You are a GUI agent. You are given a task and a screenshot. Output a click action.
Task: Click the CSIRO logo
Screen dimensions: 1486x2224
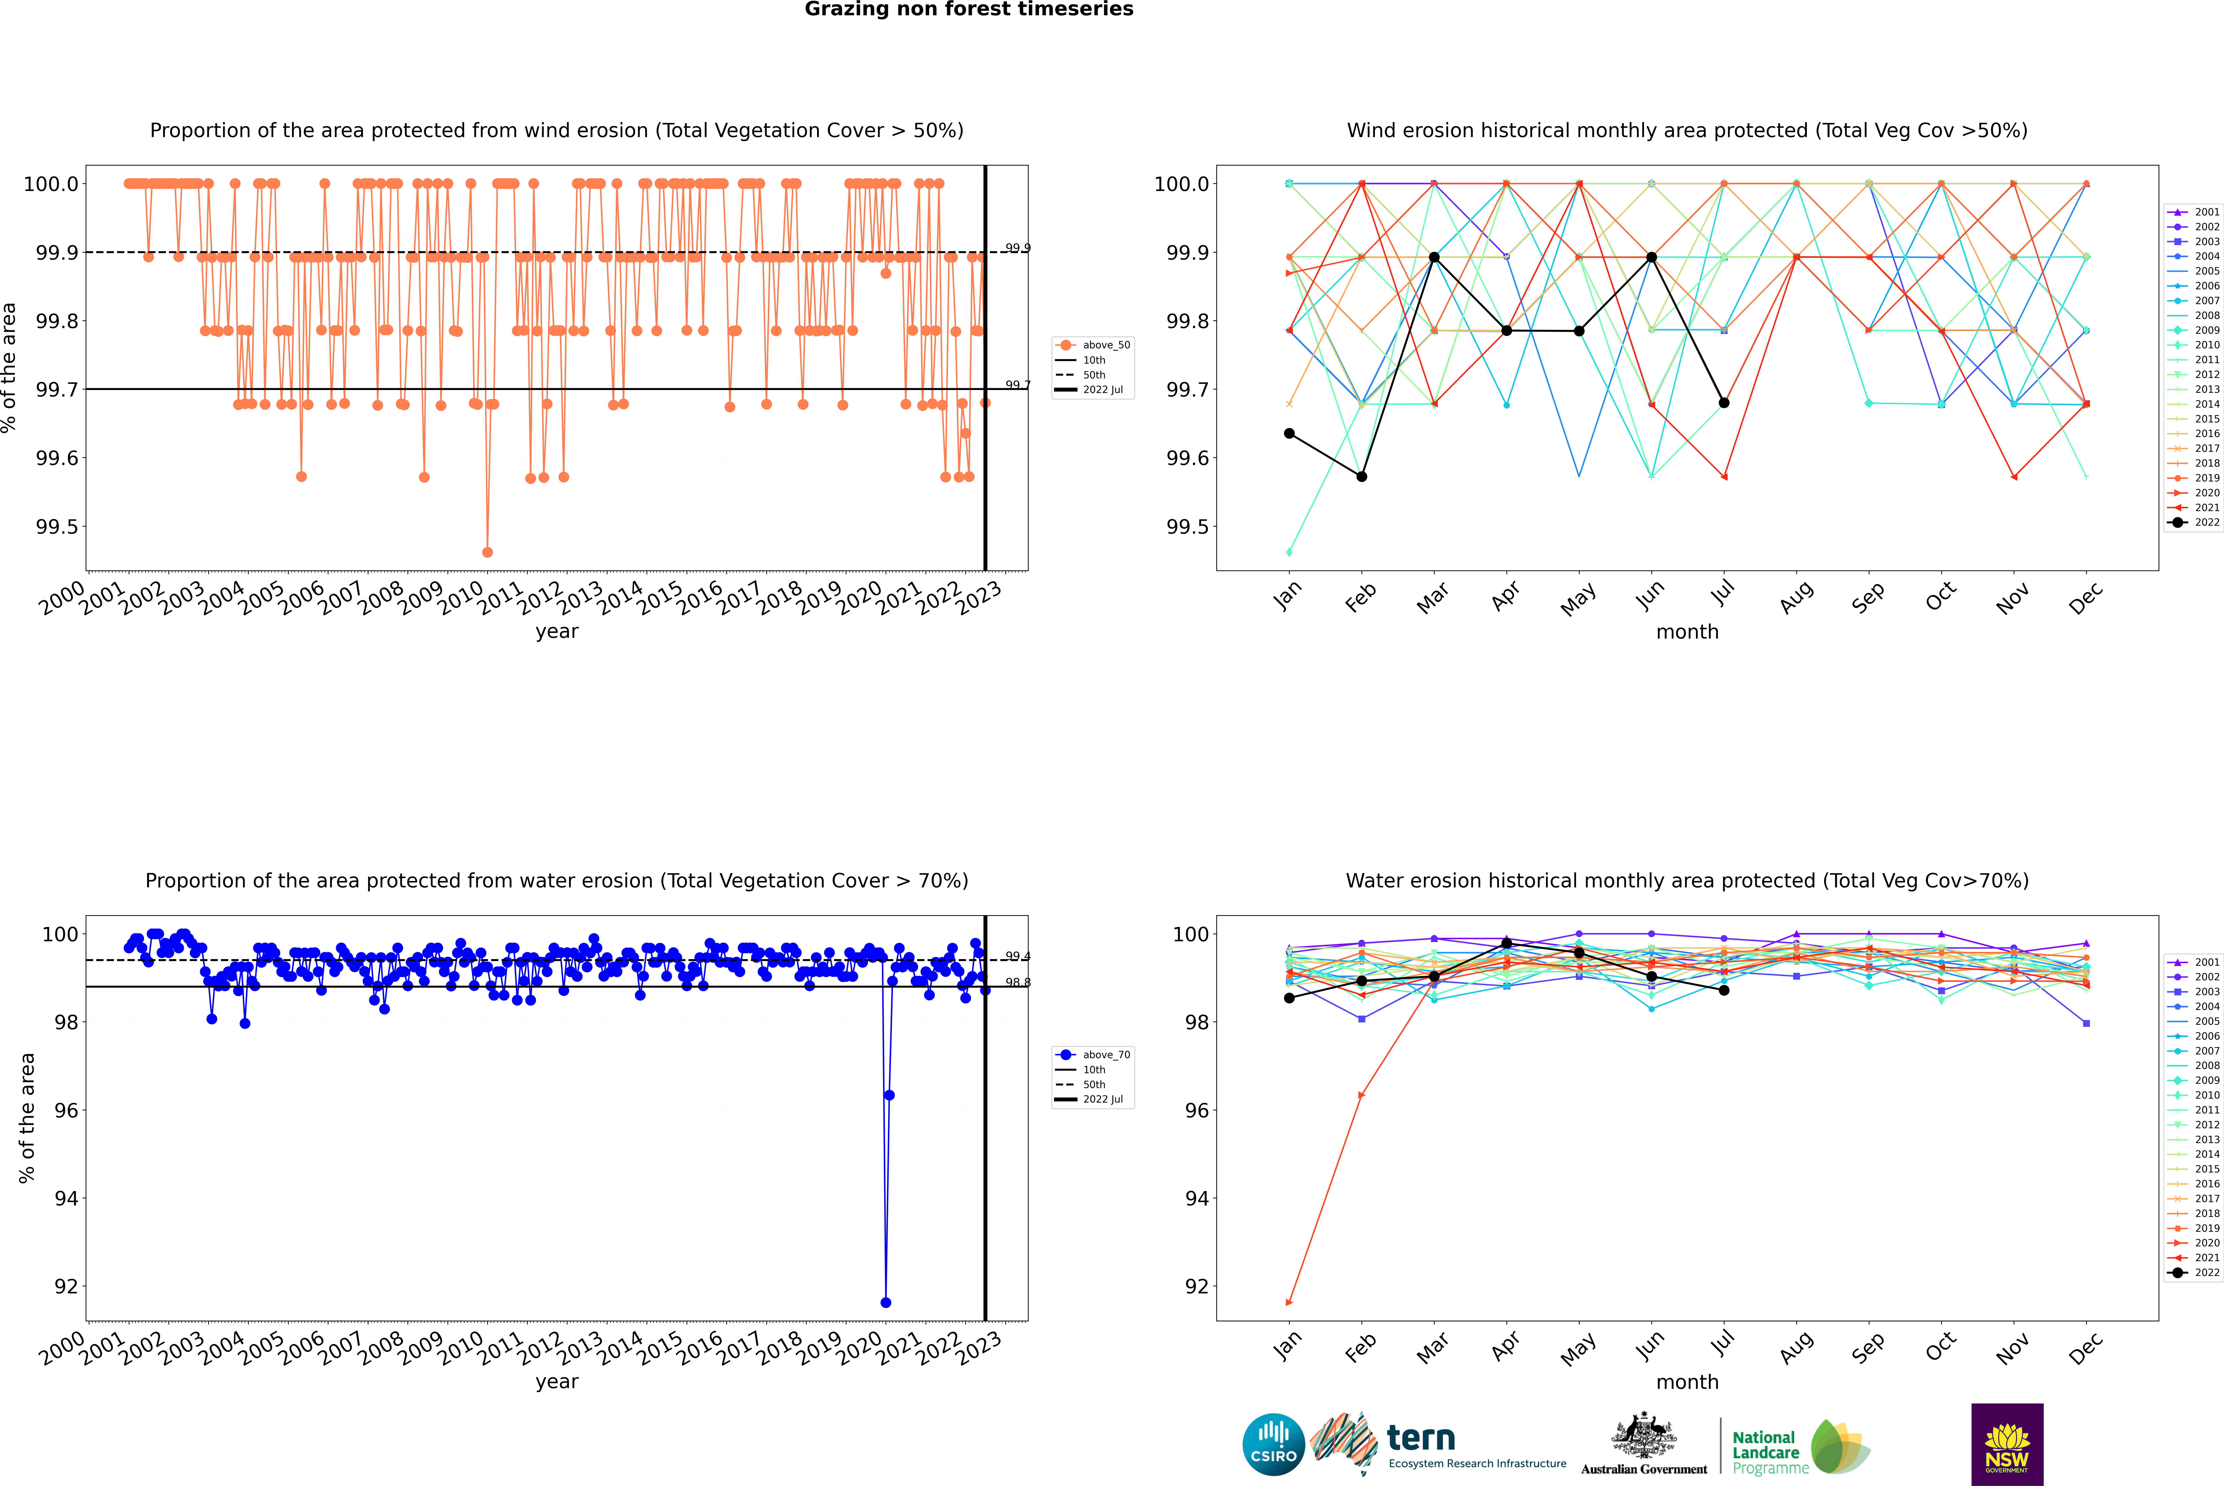tap(1273, 1444)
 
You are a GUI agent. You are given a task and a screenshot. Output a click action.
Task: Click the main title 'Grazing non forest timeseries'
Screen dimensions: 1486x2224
tap(969, 9)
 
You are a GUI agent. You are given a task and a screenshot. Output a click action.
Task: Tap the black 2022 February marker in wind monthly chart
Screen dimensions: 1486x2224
tap(1361, 477)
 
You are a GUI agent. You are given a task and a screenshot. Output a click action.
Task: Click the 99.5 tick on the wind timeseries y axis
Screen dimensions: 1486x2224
tap(57, 527)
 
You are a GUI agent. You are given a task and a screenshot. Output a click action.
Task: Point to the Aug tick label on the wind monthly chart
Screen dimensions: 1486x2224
tap(1797, 597)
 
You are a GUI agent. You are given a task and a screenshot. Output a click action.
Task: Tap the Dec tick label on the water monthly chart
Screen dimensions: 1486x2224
tap(2086, 1348)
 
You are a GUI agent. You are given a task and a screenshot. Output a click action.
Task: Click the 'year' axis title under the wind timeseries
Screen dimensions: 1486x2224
tap(556, 631)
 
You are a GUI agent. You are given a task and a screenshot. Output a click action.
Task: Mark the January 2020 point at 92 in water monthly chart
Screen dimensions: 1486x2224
tap(1289, 1302)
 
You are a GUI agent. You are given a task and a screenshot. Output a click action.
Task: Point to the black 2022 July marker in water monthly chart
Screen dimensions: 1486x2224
tap(1723, 990)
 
